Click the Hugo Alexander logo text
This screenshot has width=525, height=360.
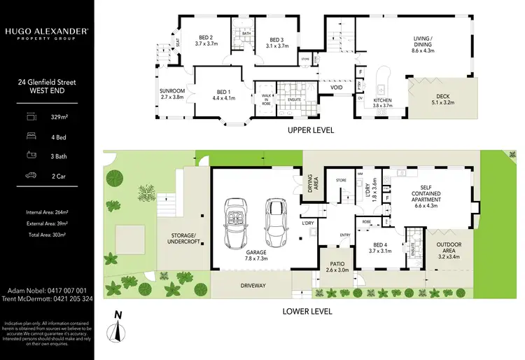coord(47,32)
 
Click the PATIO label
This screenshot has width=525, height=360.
coord(335,266)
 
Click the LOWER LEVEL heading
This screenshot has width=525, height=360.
coord(307,311)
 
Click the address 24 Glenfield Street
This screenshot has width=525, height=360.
coord(47,82)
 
